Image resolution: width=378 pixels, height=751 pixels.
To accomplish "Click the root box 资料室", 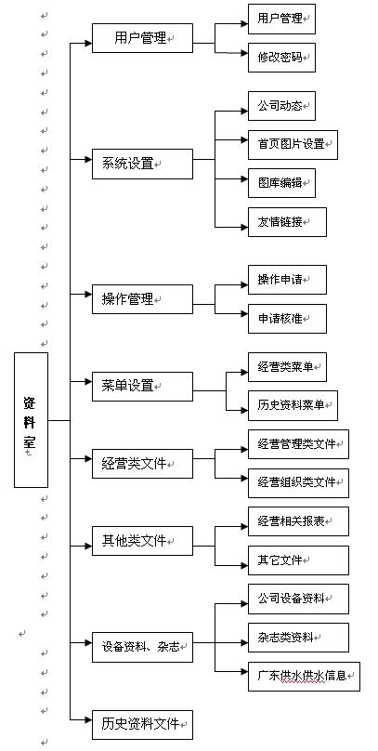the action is (31, 420).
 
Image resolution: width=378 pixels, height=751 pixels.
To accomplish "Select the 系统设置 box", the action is (143, 164).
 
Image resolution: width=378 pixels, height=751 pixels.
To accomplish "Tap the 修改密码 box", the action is (281, 58).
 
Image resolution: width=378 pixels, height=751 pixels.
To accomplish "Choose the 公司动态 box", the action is (281, 106).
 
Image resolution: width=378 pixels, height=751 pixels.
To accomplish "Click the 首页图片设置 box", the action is (293, 145).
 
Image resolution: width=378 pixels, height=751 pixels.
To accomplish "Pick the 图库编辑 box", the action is (281, 183).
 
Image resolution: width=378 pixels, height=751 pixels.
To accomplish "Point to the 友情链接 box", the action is (287, 222).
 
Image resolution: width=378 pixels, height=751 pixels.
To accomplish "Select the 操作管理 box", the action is (143, 299).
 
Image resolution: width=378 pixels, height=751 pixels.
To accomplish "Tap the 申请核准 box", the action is (287, 319).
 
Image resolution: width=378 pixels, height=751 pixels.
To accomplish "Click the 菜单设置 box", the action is (143, 386).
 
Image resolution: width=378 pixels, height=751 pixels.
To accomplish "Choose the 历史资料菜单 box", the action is (293, 405).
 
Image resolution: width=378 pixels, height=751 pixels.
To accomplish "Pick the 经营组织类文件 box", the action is (298, 483).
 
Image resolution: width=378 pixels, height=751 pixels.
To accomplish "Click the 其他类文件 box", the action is (143, 541).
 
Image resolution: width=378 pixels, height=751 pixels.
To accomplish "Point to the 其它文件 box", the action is (298, 560).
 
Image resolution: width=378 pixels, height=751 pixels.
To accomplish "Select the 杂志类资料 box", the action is (298, 638).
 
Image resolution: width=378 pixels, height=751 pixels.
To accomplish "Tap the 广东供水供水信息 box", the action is (304, 677).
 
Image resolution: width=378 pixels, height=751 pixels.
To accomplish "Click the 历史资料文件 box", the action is (143, 725).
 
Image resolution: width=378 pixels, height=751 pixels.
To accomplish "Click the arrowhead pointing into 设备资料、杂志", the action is (88, 642).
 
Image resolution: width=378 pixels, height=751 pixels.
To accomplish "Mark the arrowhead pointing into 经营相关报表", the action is (244, 527).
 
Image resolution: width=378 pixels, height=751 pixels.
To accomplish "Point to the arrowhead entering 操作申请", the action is (244, 285).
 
